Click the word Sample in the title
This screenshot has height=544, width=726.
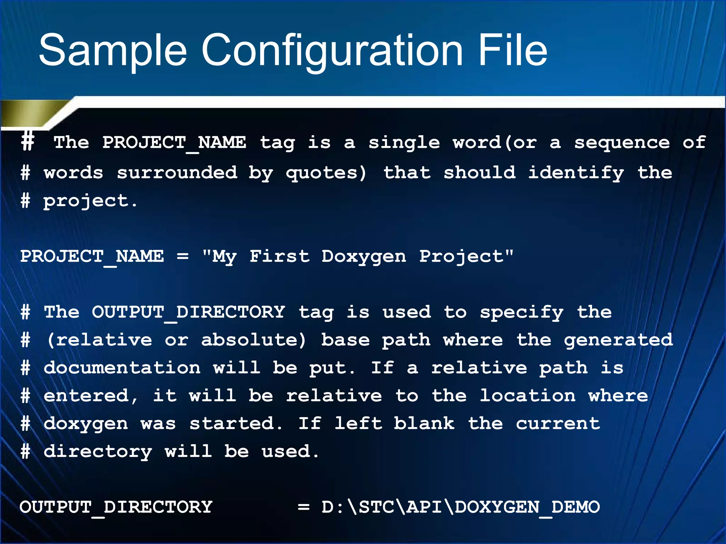(113, 50)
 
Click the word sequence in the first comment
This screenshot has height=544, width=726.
(622, 143)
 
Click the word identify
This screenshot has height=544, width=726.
(576, 173)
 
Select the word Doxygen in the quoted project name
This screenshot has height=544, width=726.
(364, 256)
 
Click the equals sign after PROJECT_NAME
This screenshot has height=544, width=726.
(183, 256)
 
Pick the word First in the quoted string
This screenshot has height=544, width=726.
(279, 256)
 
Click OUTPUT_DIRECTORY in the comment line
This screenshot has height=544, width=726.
(188, 312)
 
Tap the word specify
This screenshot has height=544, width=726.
(521, 312)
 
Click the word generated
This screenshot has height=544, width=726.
(618, 340)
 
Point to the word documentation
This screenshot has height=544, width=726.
(122, 368)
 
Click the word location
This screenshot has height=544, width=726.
(527, 396)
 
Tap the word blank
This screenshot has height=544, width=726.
(424, 424)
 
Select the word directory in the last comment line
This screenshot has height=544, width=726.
(98, 452)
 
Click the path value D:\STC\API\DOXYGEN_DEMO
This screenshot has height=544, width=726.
(460, 507)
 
